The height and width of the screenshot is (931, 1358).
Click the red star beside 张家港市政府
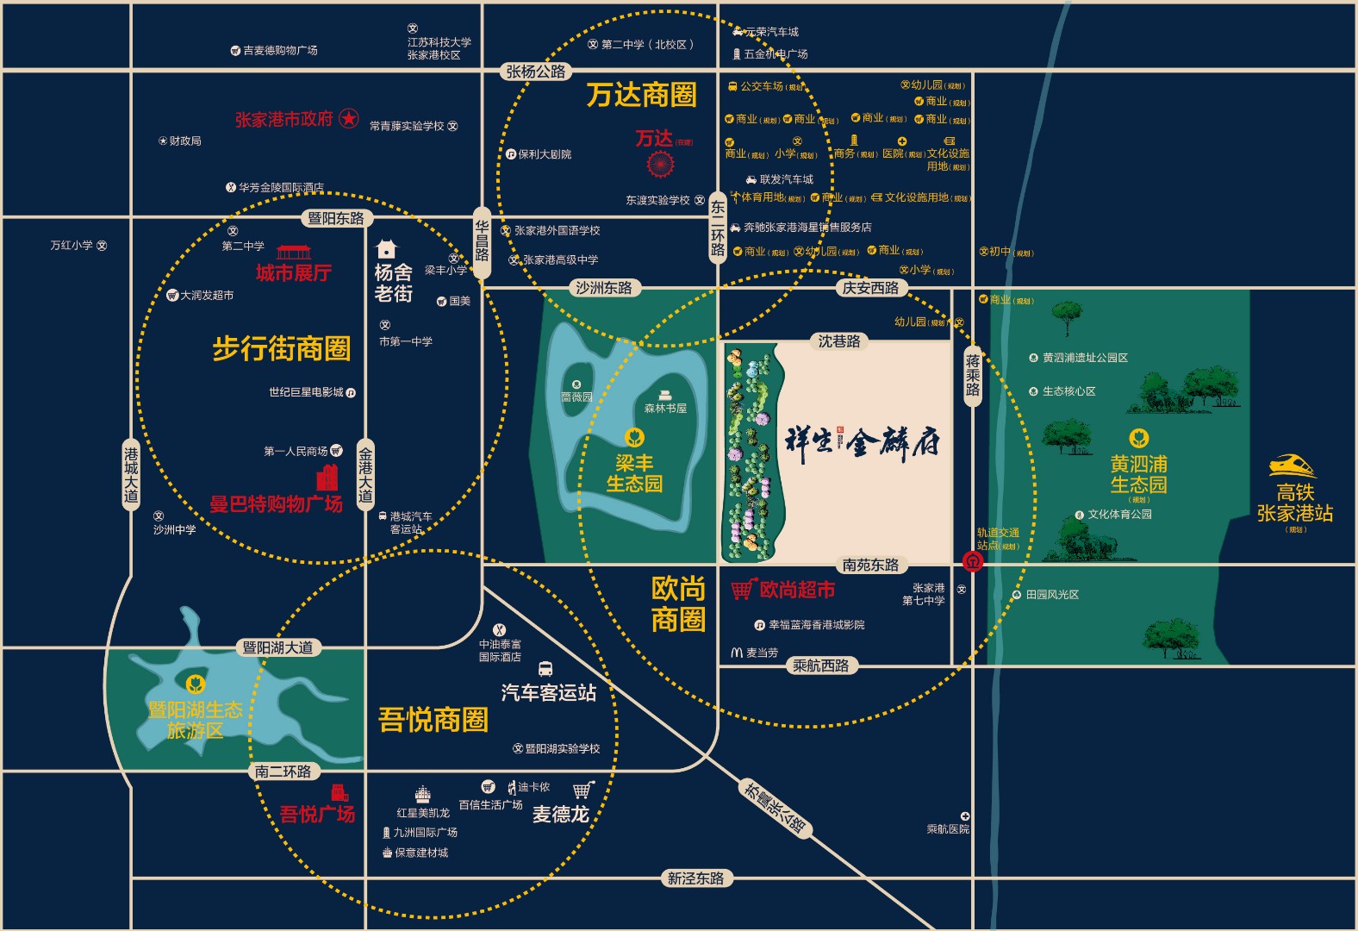tap(348, 118)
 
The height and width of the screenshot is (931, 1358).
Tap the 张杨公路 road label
tap(535, 72)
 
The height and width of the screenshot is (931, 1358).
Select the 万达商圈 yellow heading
tap(641, 95)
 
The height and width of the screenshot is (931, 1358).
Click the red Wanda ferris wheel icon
tap(660, 163)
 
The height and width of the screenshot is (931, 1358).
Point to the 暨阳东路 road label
tap(336, 218)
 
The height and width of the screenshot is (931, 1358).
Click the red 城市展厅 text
tap(293, 272)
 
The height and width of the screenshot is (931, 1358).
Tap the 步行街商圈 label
tap(281, 348)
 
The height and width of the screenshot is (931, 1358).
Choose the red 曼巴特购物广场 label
tap(276, 503)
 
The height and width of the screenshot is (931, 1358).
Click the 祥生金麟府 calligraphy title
tap(862, 441)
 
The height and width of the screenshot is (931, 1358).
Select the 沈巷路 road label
tap(839, 341)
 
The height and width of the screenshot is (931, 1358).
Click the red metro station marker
tap(973, 562)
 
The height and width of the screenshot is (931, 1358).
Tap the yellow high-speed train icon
tap(1293, 466)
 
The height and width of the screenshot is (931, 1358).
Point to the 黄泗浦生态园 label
tap(1138, 474)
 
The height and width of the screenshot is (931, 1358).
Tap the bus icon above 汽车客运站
tap(545, 669)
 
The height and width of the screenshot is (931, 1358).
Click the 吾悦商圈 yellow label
tap(433, 719)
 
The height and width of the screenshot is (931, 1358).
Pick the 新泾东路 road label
tap(695, 878)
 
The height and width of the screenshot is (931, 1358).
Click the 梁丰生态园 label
tap(634, 473)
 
